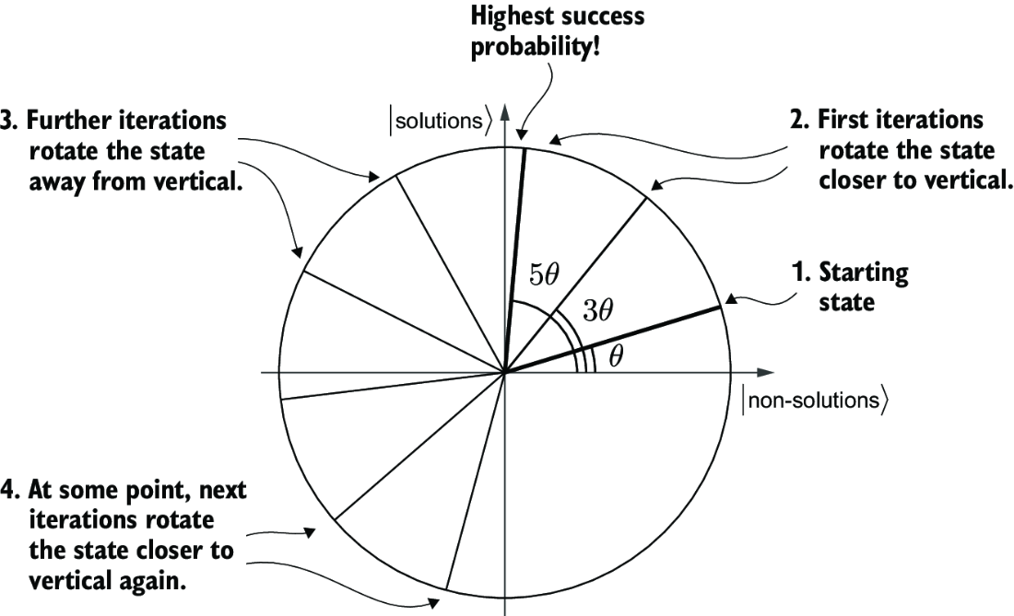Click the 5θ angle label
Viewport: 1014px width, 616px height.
544,275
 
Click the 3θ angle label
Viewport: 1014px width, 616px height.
597,310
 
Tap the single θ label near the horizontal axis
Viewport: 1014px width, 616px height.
617,355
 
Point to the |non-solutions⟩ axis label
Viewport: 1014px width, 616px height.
815,401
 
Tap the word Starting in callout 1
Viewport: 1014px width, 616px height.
864,273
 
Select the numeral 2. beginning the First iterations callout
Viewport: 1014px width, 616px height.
799,120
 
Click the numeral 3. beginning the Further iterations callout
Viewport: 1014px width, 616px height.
9,121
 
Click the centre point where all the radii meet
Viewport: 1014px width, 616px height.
505,373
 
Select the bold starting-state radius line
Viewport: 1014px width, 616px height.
612,340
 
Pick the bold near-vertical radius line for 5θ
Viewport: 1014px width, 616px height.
514,261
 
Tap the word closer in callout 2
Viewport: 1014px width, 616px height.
853,180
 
